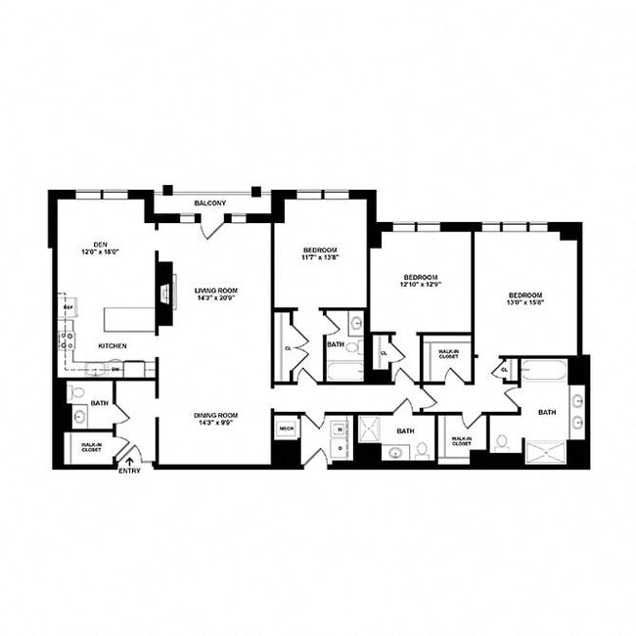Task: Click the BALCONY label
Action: click(x=210, y=203)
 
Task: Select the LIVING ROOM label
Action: click(x=216, y=291)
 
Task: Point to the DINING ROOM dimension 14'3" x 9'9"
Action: click(x=215, y=423)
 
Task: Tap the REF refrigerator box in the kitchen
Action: click(x=68, y=308)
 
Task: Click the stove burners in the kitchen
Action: click(x=68, y=341)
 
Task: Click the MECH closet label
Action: click(x=287, y=428)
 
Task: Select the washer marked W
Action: click(x=339, y=428)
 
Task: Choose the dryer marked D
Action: click(x=339, y=447)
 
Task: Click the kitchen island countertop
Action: click(x=130, y=319)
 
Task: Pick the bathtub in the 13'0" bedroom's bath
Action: click(x=543, y=370)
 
